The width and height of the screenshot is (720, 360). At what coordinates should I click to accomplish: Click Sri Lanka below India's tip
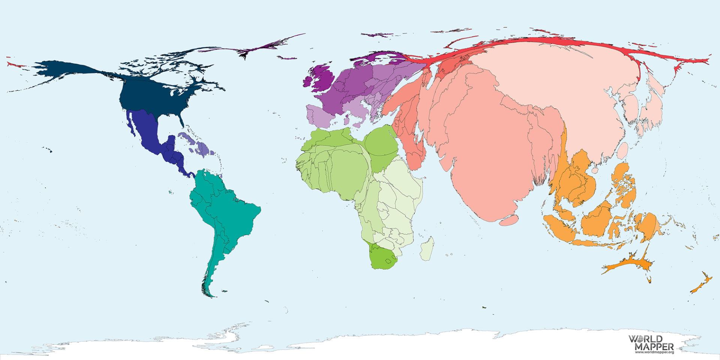pyautogui.click(x=508, y=220)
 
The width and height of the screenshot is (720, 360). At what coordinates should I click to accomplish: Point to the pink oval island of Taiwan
pyautogui.click(x=622, y=150)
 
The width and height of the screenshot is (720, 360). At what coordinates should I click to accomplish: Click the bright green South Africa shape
pyautogui.click(x=381, y=259)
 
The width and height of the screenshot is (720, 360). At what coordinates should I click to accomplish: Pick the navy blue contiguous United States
pyautogui.click(x=150, y=96)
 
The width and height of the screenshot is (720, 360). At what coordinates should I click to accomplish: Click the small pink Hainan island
pyautogui.click(x=595, y=170)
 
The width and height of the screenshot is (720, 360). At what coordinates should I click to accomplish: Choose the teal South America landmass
pyautogui.click(x=225, y=210)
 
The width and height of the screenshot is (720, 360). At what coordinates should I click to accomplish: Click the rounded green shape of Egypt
pyautogui.click(x=381, y=142)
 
